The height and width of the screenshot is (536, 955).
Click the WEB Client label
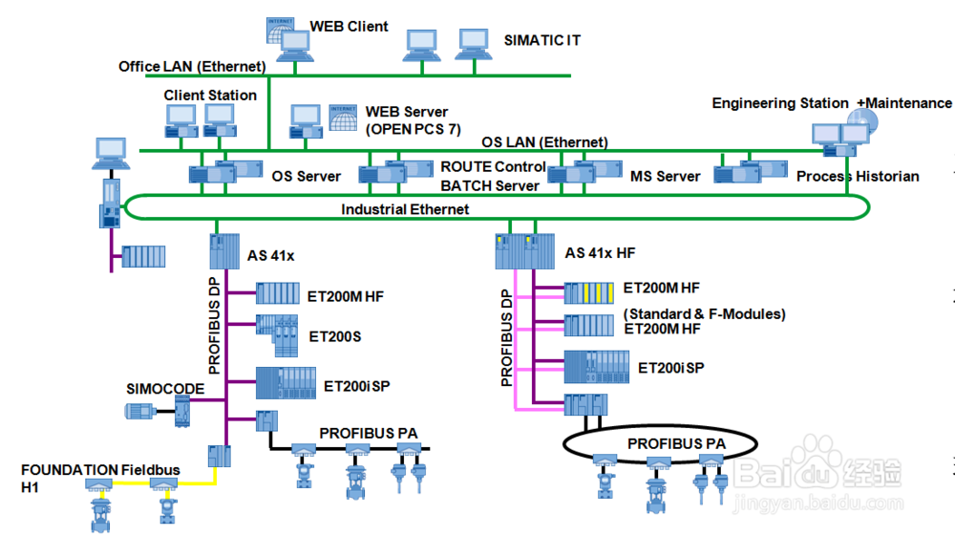(349, 27)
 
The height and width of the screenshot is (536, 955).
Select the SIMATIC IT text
(541, 41)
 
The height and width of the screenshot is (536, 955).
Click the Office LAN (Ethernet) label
(191, 67)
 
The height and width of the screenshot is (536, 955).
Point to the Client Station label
(210, 96)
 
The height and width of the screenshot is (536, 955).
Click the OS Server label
(306, 177)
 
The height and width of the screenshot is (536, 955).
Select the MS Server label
(665, 177)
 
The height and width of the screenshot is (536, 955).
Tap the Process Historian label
(858, 177)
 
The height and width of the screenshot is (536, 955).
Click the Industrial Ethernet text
(405, 209)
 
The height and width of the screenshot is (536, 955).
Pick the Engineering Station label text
(779, 103)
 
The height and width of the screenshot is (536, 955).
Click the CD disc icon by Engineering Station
(859, 122)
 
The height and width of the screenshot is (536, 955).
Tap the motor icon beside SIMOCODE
(139, 411)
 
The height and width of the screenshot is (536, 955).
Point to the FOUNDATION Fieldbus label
(99, 470)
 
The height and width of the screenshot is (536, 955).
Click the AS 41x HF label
(600, 254)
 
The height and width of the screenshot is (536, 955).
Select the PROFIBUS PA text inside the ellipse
(676, 444)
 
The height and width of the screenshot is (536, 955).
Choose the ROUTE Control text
(493, 167)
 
